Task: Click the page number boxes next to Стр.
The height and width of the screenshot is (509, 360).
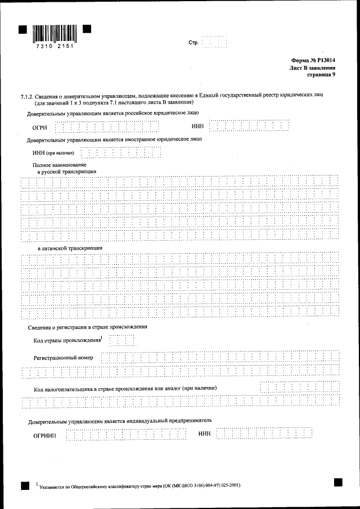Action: point(214,43)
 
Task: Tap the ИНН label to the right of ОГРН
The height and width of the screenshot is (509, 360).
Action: point(197,126)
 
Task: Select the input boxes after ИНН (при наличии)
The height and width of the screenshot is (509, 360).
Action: point(121,152)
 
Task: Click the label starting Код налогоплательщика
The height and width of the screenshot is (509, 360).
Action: point(125,389)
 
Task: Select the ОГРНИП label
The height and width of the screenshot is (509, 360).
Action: point(45,436)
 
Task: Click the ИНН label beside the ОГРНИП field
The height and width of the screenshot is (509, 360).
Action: point(204,434)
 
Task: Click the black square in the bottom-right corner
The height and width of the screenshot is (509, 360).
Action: point(337,482)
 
